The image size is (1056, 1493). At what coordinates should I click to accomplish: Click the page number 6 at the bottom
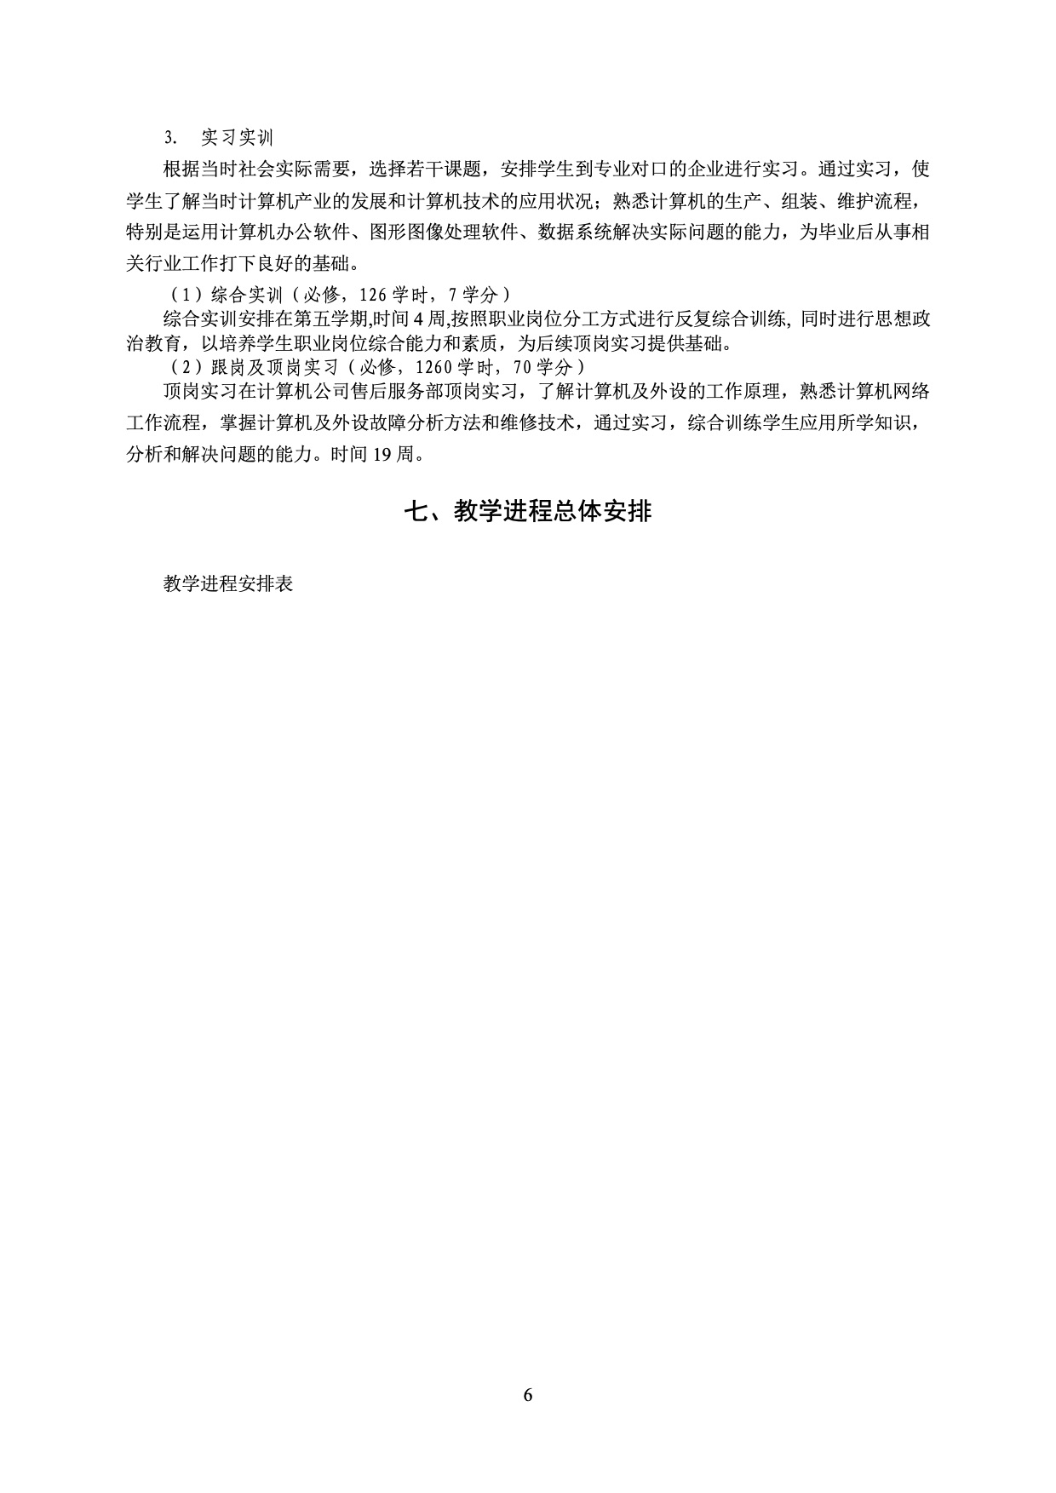click(x=528, y=1395)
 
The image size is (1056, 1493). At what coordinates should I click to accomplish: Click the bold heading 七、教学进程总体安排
click(x=527, y=511)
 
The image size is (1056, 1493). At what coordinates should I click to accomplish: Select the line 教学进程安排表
click(x=228, y=584)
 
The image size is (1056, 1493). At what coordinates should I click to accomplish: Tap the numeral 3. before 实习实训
click(x=169, y=138)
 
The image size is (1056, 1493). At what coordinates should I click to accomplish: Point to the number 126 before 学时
click(x=374, y=295)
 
